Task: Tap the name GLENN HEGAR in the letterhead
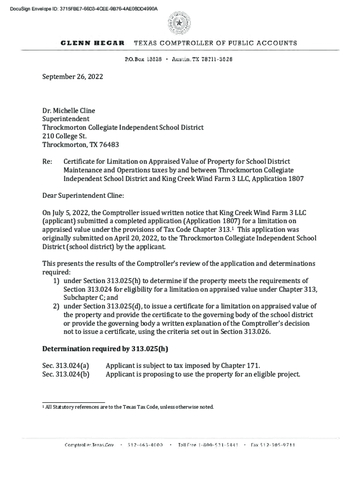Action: [x=93, y=43]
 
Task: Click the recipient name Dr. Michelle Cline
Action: [x=69, y=111]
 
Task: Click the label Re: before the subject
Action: [x=47, y=162]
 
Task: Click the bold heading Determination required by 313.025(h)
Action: [x=105, y=349]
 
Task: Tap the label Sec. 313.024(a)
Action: [x=65, y=365]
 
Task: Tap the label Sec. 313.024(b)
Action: [x=66, y=374]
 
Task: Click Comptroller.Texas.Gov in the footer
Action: [x=89, y=445]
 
